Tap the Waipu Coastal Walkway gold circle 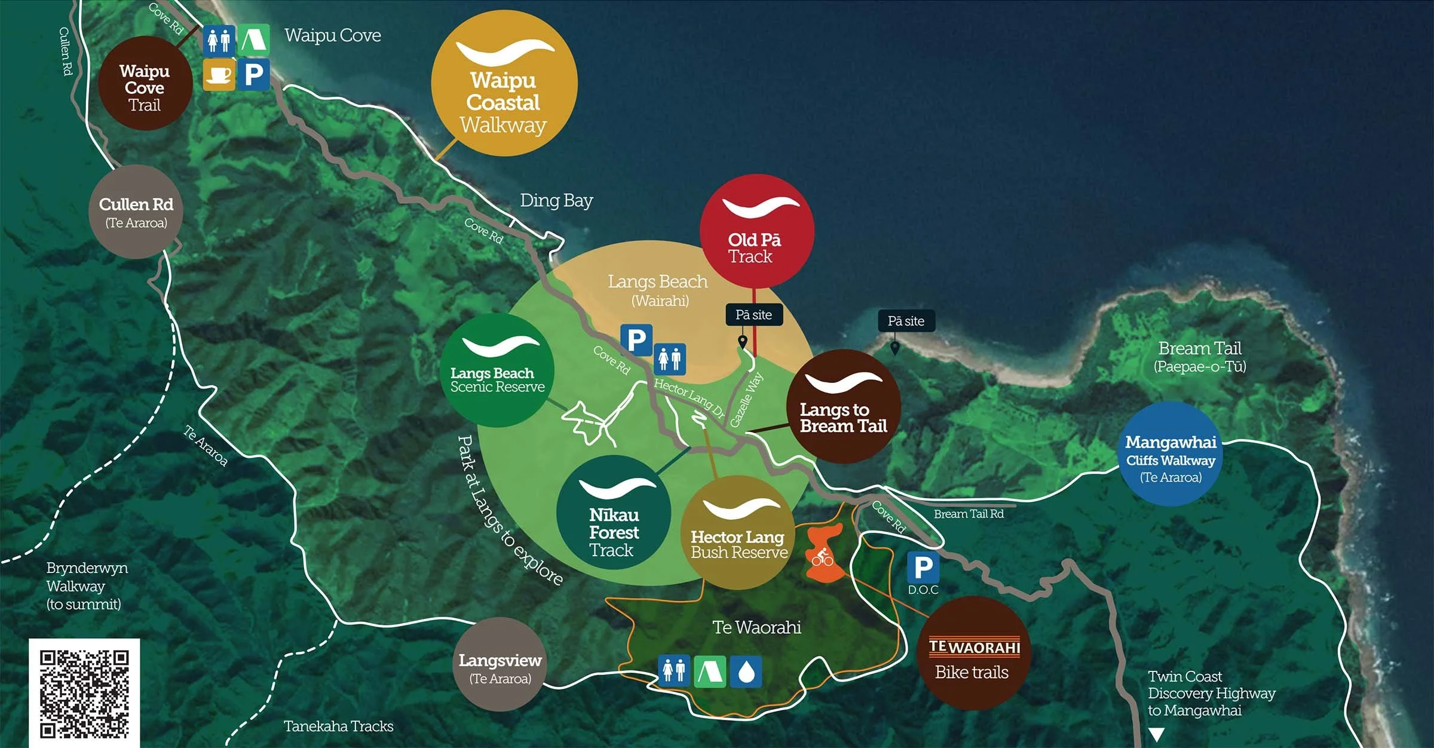tap(504, 84)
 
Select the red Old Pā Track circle tap(756, 231)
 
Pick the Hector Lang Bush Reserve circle tap(739, 532)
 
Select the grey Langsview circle tap(500, 664)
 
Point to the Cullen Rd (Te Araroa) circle tap(136, 211)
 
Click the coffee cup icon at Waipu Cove tap(219, 75)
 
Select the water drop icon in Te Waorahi tap(746, 672)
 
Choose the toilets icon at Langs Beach tap(670, 359)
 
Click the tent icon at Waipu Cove tap(254, 40)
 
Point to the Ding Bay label tap(556, 200)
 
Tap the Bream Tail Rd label tap(969, 514)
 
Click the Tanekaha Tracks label tap(338, 726)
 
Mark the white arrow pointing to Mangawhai tap(1157, 734)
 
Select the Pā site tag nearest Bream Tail tap(906, 321)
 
